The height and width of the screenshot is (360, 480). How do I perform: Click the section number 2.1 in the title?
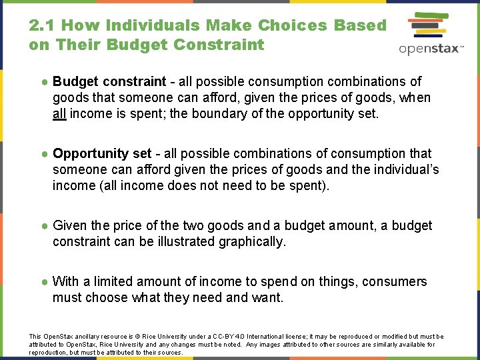click(x=42, y=25)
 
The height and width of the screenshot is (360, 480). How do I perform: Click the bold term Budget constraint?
click(x=109, y=81)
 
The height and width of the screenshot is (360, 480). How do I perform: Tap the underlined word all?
click(x=59, y=113)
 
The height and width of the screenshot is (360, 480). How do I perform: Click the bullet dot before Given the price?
click(x=43, y=226)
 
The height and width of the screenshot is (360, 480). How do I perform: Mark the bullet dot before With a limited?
click(x=43, y=282)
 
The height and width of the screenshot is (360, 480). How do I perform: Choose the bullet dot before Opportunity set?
click(x=43, y=154)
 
